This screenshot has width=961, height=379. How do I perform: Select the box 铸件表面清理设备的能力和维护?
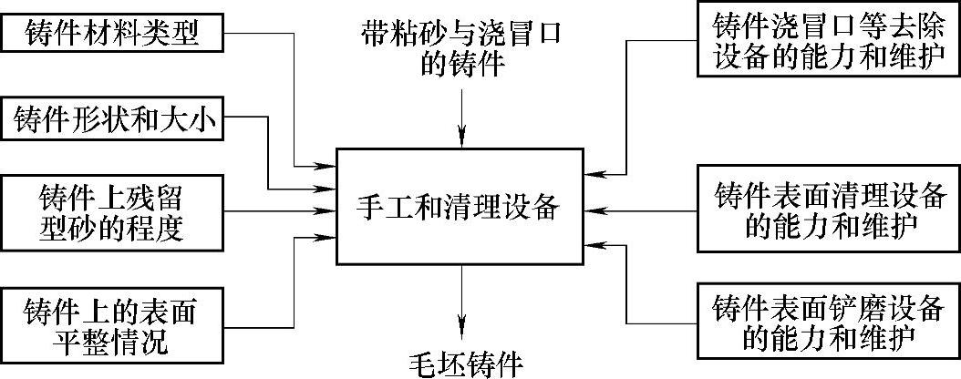click(828, 210)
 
